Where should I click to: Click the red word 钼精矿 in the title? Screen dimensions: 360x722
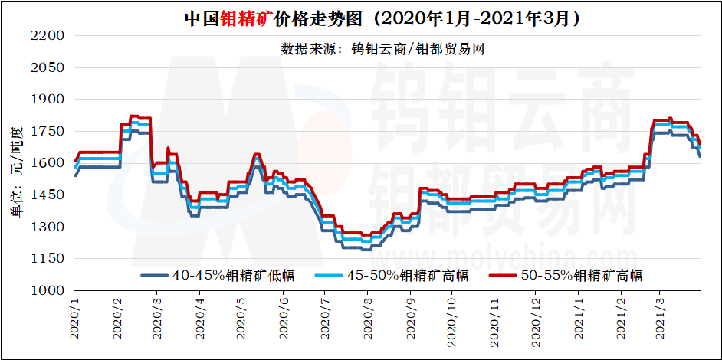coord(239,18)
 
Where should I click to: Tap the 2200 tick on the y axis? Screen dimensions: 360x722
coord(48,36)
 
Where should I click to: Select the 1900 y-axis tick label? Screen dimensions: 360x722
coord(48,100)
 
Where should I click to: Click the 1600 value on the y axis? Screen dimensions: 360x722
coord(48,163)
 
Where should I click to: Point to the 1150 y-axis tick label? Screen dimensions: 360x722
coord(48,259)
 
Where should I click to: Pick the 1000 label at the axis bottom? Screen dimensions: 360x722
coord(48,291)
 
